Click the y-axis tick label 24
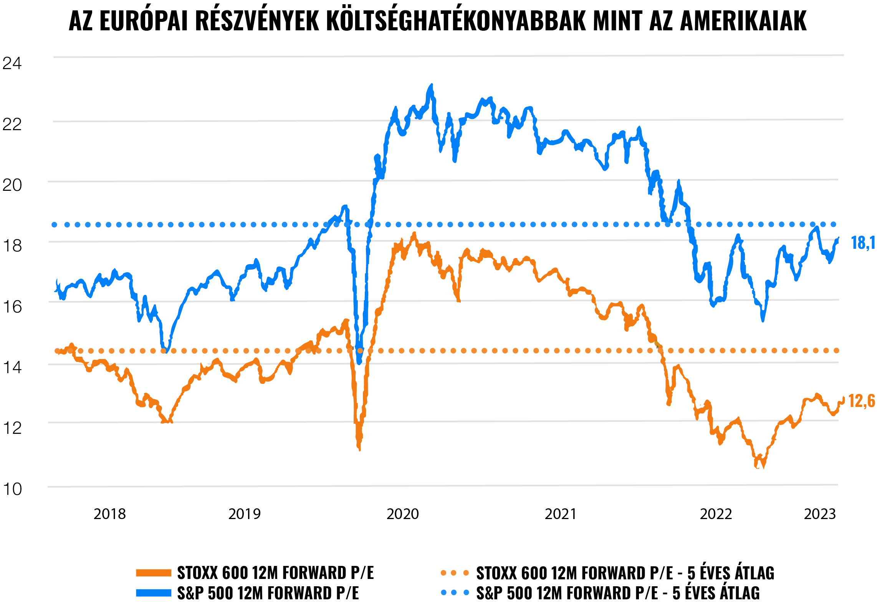[x=12, y=63]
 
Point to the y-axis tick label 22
[x=12, y=124]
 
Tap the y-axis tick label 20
[x=12, y=185]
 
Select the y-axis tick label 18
[x=12, y=246]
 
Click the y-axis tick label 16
[x=12, y=307]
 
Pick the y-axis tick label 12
[x=12, y=428]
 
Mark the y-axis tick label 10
[x=12, y=489]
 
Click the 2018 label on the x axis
[x=110, y=514]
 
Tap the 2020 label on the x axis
[x=402, y=514]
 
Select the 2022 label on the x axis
[x=716, y=514]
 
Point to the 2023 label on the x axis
[x=820, y=514]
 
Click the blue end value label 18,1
[x=863, y=243]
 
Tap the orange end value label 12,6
[x=862, y=401]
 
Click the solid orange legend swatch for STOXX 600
[x=154, y=573]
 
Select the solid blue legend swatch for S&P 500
[x=154, y=593]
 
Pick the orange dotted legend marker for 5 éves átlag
[x=455, y=573]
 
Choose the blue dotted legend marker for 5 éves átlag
[x=455, y=593]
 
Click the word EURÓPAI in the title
[x=144, y=21]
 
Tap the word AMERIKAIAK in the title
[x=743, y=21]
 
